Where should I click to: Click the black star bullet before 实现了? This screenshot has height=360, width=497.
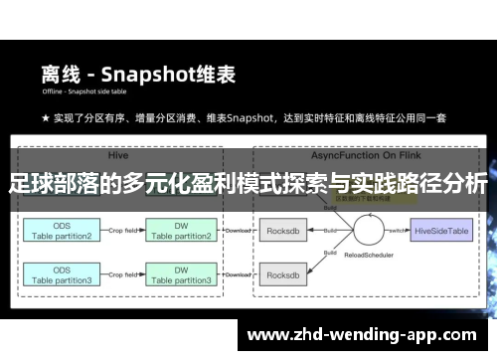tap(46, 118)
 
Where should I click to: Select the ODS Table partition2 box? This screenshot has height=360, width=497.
tap(61, 230)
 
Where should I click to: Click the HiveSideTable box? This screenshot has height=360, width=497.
tap(441, 230)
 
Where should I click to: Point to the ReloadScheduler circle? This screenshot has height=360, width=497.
tap(364, 233)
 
